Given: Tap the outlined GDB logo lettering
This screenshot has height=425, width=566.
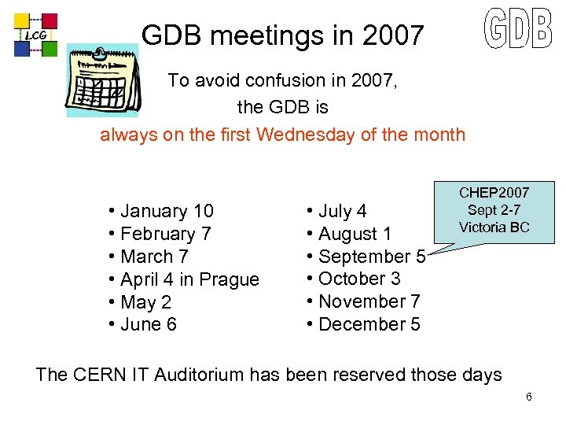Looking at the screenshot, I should pyautogui.click(x=516, y=29).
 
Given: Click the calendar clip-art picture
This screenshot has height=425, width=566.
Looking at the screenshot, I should pyautogui.click(x=102, y=81).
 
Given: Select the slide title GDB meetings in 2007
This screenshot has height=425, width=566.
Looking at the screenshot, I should pyautogui.click(x=282, y=35).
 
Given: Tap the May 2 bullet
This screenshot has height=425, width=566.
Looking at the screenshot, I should pyautogui.click(x=145, y=302).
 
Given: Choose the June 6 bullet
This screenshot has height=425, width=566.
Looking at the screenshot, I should pyautogui.click(x=148, y=324).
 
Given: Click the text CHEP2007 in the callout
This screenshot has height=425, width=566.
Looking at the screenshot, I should pyautogui.click(x=494, y=193).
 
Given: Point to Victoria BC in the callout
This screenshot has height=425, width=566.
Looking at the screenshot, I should pyautogui.click(x=494, y=227).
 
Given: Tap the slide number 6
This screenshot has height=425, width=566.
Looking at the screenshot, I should pyautogui.click(x=529, y=397).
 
